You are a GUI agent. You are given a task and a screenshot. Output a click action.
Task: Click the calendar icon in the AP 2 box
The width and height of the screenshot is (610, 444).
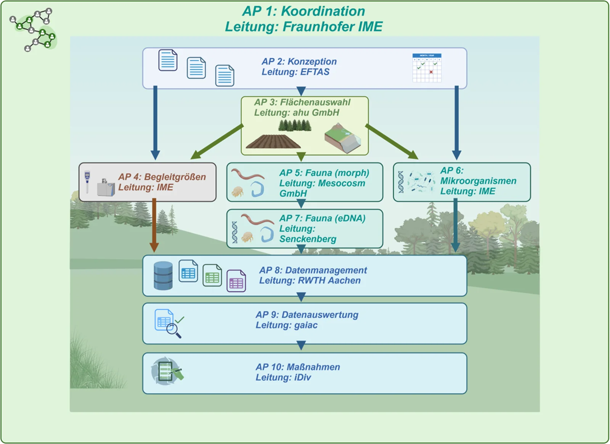(x=427, y=68)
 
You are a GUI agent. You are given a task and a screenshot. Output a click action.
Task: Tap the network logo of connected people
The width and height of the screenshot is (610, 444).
(x=33, y=29)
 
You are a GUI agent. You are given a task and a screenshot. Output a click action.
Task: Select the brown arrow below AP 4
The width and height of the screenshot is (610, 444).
(x=154, y=225)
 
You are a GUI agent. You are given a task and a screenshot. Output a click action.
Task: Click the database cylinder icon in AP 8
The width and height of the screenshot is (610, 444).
(x=163, y=275)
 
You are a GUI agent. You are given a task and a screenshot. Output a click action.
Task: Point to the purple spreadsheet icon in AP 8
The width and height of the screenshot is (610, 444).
(x=236, y=281)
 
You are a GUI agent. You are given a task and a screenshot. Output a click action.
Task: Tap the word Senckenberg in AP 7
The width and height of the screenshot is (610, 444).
(x=308, y=239)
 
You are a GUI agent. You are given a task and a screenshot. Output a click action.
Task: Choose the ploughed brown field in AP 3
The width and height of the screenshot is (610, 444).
(x=273, y=142)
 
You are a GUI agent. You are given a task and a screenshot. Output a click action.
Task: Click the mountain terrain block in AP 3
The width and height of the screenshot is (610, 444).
(x=343, y=138)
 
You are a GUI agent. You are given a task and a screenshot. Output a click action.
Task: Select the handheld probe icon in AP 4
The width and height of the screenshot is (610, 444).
(x=87, y=182)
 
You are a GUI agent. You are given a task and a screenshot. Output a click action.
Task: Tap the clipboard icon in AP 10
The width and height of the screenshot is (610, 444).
(x=165, y=371)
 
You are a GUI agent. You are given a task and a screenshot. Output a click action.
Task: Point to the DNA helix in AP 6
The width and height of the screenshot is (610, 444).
(x=401, y=182)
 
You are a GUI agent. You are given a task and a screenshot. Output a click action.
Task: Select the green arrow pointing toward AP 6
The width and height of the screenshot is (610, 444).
(x=392, y=142)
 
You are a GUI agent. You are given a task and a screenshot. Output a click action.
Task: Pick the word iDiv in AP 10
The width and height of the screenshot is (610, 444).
(x=303, y=378)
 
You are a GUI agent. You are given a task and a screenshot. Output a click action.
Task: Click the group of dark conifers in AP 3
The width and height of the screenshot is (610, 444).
(x=295, y=125)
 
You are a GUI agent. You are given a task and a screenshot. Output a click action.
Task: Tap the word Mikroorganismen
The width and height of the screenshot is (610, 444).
(x=478, y=181)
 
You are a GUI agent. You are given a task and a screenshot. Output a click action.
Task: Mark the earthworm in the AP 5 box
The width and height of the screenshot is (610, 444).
(x=247, y=174)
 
